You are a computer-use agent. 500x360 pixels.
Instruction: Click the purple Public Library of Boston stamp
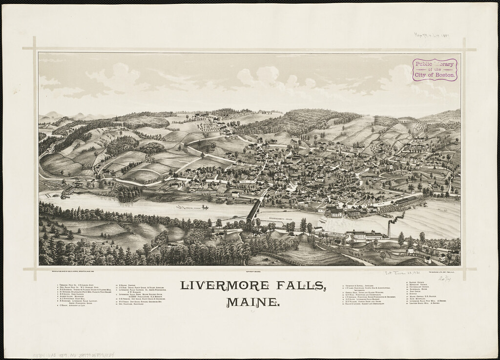click(x=435, y=70)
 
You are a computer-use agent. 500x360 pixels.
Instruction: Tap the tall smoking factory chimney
click(x=389, y=229)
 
